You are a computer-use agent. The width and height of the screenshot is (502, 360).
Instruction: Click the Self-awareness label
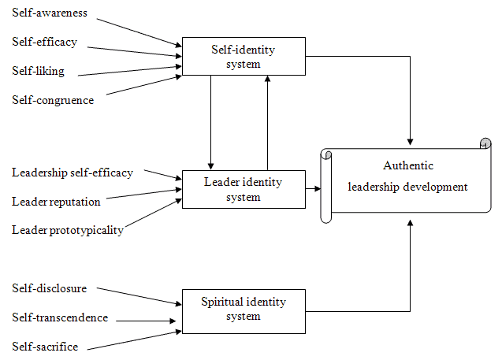pyautogui.click(x=50, y=14)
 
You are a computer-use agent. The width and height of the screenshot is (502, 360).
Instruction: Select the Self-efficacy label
pyautogui.click(x=45, y=42)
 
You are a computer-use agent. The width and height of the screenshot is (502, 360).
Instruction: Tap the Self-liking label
pyautogui.click(x=39, y=71)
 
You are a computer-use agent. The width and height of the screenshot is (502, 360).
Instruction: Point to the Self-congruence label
pyautogui.click(x=53, y=100)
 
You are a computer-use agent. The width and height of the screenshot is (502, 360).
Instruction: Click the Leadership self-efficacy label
pyautogui.click(x=73, y=173)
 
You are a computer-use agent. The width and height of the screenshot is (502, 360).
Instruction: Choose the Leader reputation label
pyautogui.click(x=56, y=202)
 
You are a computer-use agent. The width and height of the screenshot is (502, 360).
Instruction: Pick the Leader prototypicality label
pyautogui.click(x=68, y=230)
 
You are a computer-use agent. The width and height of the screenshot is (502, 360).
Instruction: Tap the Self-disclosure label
pyautogui.click(x=50, y=288)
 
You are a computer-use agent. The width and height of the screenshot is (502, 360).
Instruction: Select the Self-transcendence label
pyautogui.click(x=60, y=317)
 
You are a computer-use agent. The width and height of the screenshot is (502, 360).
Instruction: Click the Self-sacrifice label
pyautogui.click(x=45, y=347)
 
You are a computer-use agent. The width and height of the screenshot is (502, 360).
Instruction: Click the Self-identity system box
pyautogui.click(x=244, y=57)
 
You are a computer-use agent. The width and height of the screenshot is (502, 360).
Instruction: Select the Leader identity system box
pyautogui.click(x=244, y=189)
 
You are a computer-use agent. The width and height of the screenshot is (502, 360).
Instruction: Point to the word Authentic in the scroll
pyautogui.click(x=408, y=165)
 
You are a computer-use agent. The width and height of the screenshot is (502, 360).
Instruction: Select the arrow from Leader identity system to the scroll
pyautogui.click(x=313, y=189)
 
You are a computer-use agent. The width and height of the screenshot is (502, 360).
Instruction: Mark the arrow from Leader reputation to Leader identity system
pyautogui.click(x=142, y=195)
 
